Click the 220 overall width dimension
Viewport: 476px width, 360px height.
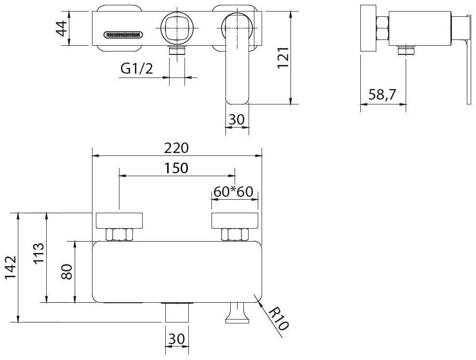pos(177,148)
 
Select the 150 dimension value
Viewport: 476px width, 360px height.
pos(176,168)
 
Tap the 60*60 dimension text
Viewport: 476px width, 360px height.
pos(234,192)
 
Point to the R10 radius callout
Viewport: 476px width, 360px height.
pos(278,319)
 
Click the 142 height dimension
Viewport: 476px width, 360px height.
pos(11,268)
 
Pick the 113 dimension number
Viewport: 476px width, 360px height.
pos(39,253)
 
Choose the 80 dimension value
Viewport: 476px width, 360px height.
pos(67,272)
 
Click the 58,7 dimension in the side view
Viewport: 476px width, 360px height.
pos(382,95)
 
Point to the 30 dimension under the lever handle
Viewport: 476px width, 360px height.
pos(237,119)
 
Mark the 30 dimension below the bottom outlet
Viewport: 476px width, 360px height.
pos(177,339)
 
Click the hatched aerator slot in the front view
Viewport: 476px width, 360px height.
pos(123,35)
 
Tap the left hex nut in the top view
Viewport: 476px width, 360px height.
pos(119,234)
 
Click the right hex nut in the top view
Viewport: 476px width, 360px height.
pos(235,234)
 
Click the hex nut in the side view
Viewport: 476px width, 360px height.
pos(382,28)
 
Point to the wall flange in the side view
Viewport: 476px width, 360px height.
pos(368,28)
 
